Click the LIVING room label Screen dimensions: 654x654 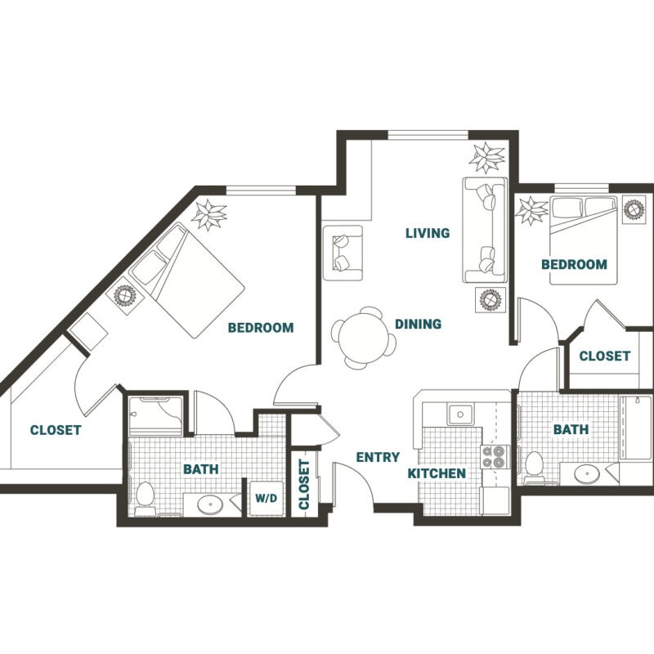[428, 233]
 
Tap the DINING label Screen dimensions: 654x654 [418, 324]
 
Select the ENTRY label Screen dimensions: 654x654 [378, 457]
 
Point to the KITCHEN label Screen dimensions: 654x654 [437, 473]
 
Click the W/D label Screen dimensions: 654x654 [266, 498]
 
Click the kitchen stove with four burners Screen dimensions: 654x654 [495, 456]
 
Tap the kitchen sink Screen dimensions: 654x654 [460, 414]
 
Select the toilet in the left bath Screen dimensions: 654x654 [145, 498]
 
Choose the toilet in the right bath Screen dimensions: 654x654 [534, 468]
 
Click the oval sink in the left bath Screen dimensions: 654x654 [210, 505]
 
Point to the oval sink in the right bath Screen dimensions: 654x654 [587, 473]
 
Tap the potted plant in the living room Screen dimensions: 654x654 [486, 157]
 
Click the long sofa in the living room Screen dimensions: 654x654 [485, 230]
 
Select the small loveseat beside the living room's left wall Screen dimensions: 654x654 [343, 253]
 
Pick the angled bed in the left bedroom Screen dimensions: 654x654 [186, 280]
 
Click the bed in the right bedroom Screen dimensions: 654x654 [584, 240]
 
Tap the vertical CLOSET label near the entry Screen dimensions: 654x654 [304, 484]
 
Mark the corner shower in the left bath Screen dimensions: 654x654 [155, 416]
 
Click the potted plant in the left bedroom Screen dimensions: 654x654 [209, 215]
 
